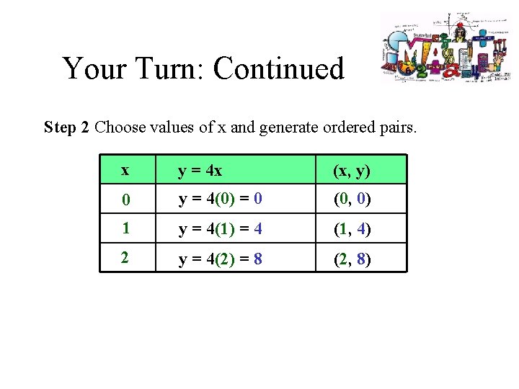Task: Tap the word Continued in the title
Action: tap(278, 69)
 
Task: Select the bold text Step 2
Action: tap(66, 128)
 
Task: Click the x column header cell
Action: tap(128, 170)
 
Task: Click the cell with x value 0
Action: tap(128, 199)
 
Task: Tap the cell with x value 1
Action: tap(128, 228)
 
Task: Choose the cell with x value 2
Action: tap(128, 257)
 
